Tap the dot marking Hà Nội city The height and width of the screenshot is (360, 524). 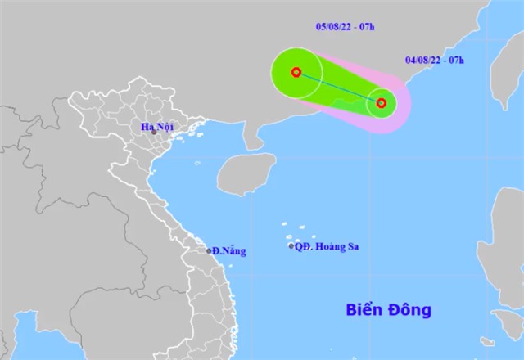pos(153,132)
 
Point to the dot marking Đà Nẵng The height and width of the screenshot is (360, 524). pos(209,250)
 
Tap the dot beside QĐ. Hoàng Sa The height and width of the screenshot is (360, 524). pos(291,246)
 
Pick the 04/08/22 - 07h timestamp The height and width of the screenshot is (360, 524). pos(433,60)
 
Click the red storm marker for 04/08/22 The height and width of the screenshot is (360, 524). pos(381,103)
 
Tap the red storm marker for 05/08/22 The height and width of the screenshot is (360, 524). pos(296,72)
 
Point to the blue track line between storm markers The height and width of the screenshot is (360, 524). pos(338,88)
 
